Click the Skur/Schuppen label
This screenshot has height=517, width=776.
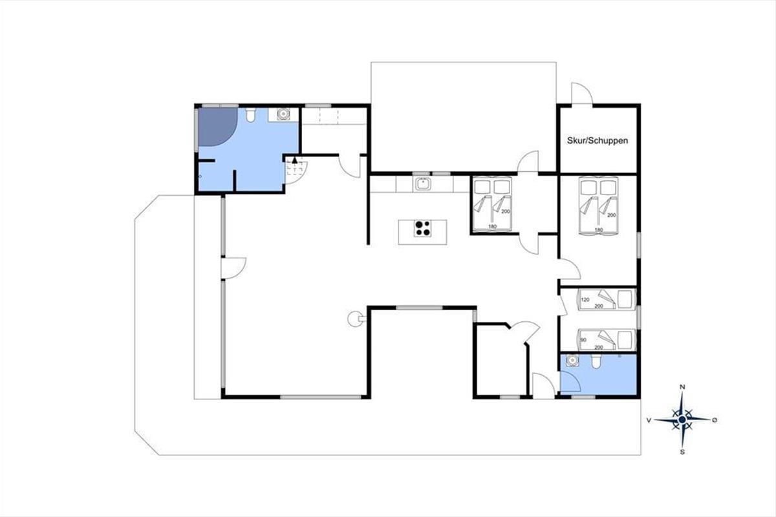coord(598,141)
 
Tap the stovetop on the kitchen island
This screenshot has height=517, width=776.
coord(423,229)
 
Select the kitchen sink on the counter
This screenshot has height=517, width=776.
coord(422,184)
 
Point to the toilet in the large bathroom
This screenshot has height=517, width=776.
coord(250,114)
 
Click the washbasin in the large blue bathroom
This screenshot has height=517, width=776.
coord(283,114)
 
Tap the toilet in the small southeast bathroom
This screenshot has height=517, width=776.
coord(596,361)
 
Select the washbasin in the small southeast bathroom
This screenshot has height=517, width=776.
coord(572,361)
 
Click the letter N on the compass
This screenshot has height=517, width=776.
coord(682,387)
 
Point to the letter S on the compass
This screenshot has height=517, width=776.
coord(682,452)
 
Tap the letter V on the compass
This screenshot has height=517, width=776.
coord(649,420)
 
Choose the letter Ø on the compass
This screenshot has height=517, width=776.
coord(715,420)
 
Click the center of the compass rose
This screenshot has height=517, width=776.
coord(682,419)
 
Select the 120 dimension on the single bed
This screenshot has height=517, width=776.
coord(585,299)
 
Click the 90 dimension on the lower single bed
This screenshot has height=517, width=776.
coord(583,340)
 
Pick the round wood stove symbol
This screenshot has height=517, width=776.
coord(355,319)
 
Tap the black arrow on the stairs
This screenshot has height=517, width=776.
coord(295,160)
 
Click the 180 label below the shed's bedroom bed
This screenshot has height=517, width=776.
coord(599,229)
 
